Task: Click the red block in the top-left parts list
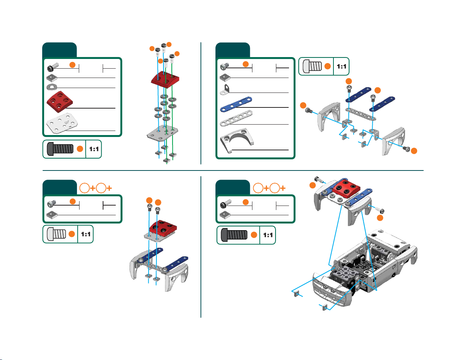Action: [x=59, y=102]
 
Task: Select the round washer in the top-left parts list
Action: [x=52, y=87]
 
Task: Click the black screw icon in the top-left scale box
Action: [x=60, y=149]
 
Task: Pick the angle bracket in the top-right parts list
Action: [x=225, y=90]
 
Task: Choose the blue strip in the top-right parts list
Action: [x=236, y=104]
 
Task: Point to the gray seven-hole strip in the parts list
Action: [x=236, y=118]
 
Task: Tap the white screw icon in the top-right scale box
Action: [x=312, y=66]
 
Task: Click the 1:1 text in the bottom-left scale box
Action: [x=86, y=234]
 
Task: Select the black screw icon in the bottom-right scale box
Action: [x=234, y=235]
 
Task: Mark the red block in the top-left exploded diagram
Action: [x=165, y=79]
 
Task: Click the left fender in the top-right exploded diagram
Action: [x=329, y=116]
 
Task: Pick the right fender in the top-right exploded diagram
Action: [x=393, y=141]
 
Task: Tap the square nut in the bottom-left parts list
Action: [x=52, y=215]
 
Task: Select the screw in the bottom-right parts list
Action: [x=226, y=204]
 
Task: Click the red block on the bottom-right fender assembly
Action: [x=346, y=188]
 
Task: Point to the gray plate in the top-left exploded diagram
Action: [x=162, y=134]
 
